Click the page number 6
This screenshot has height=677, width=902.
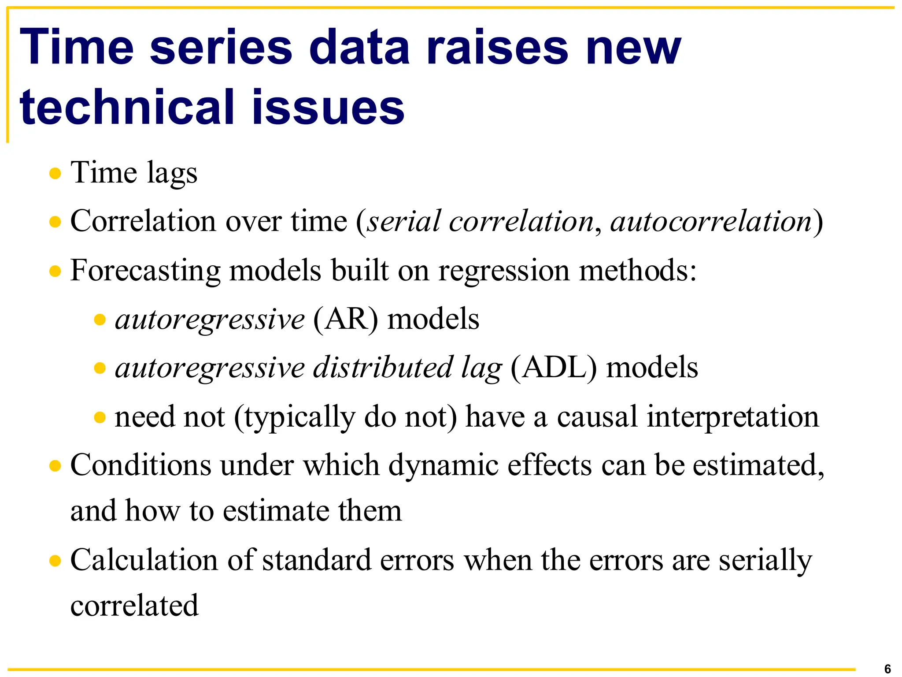point(887,669)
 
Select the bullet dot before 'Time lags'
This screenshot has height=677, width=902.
point(55,173)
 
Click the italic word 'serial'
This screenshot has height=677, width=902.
point(403,221)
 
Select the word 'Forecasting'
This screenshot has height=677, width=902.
point(145,271)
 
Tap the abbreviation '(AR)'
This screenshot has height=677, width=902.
point(345,319)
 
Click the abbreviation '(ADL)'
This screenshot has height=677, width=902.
point(554,368)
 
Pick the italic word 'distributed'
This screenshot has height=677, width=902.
point(382,368)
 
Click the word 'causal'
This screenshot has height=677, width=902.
point(597,417)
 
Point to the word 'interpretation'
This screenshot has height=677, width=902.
point(732,417)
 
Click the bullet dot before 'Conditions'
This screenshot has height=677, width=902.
point(55,465)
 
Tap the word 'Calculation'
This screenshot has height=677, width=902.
point(144,560)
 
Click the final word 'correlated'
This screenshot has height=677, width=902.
point(134,606)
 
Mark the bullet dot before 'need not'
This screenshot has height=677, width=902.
point(100,417)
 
